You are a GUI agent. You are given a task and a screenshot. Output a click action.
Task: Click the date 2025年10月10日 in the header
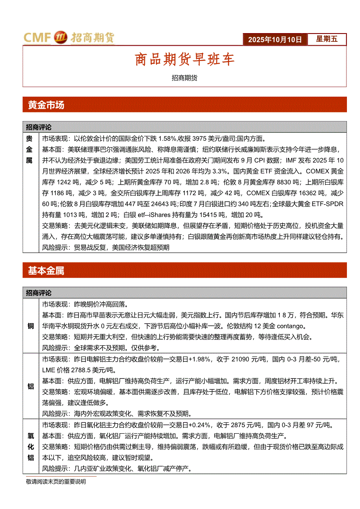(275, 39)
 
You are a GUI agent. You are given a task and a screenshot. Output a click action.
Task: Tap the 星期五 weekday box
(326, 39)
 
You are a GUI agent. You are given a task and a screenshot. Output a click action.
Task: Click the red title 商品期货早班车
(184, 59)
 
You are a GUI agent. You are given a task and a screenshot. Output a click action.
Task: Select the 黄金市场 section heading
(46, 105)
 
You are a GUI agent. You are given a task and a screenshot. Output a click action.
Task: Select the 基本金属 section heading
(46, 271)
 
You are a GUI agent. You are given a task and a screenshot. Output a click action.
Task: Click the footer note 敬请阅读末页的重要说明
(56, 482)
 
